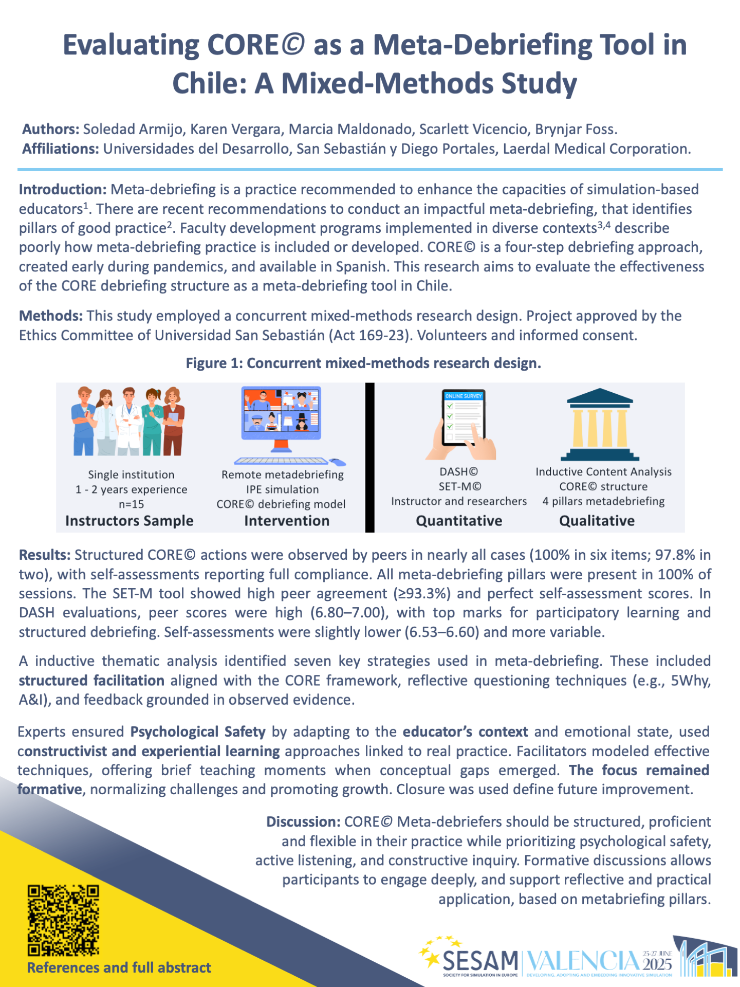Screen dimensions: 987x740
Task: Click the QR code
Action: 63,920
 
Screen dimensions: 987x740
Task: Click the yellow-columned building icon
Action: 600,425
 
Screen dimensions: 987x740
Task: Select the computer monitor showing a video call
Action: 282,413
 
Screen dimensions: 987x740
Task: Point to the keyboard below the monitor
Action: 282,461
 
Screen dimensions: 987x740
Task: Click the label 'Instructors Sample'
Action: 129,521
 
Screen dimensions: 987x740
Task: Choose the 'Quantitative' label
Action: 459,521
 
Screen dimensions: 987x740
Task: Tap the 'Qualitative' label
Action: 597,521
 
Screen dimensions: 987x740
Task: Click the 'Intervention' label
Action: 287,521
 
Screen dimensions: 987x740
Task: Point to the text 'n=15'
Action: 131,504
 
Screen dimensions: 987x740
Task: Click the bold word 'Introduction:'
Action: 63,190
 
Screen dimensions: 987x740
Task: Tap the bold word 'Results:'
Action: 45,555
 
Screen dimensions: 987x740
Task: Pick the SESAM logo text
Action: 480,960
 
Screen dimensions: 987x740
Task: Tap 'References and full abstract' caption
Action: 119,967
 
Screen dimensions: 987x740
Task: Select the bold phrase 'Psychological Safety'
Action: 198,732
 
